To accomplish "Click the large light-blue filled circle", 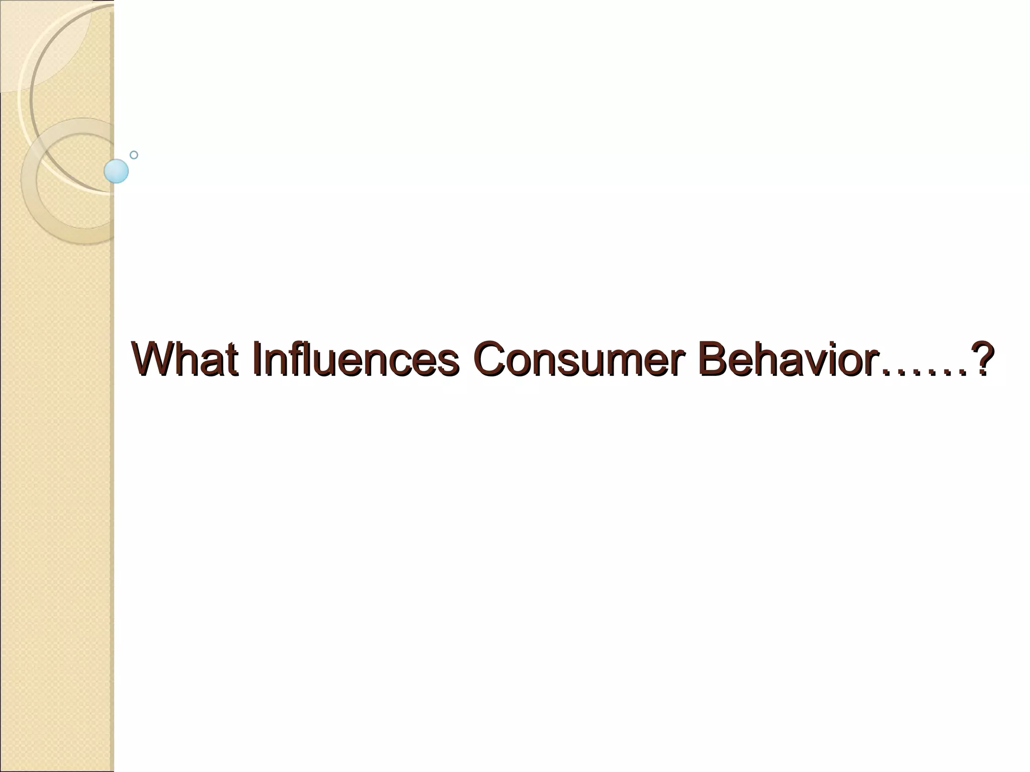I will click(116, 171).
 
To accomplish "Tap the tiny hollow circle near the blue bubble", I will click(134, 155).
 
